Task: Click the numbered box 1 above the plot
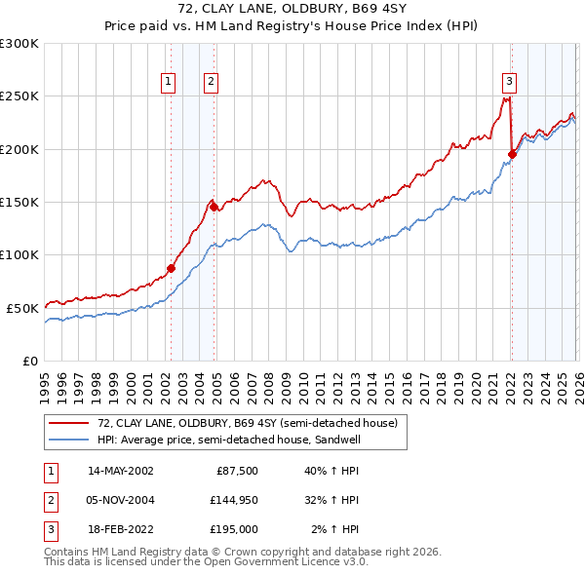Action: pyautogui.click(x=170, y=83)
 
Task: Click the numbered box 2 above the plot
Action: pyautogui.click(x=212, y=83)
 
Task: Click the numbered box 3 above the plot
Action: pyautogui.click(x=509, y=83)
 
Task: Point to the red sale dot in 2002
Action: pyautogui.click(x=171, y=268)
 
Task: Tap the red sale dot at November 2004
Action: pyautogui.click(x=214, y=207)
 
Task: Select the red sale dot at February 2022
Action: pyautogui.click(x=512, y=154)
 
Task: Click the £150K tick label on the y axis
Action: pyautogui.click(x=19, y=202)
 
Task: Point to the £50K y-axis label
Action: pyautogui.click(x=22, y=308)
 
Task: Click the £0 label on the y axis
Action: pyautogui.click(x=29, y=361)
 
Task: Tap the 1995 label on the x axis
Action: pyautogui.click(x=45, y=380)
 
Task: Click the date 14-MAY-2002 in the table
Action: pyautogui.click(x=121, y=471)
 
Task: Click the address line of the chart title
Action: pyautogui.click(x=292, y=10)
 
